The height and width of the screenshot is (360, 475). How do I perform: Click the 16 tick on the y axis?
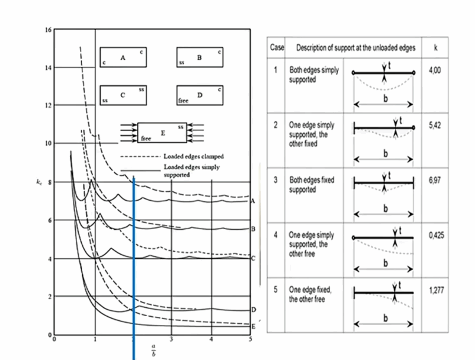coord(49,30)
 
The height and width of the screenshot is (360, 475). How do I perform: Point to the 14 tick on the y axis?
coord(49,67)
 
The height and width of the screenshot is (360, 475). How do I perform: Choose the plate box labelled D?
coord(200,94)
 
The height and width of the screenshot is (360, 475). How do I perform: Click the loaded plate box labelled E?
coord(162,131)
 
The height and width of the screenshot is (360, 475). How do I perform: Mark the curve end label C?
coord(253,259)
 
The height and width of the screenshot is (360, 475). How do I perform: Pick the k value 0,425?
coord(435,235)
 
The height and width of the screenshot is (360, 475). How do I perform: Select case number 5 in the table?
coord(277,291)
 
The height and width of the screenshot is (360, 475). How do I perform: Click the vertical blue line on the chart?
coord(134,266)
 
